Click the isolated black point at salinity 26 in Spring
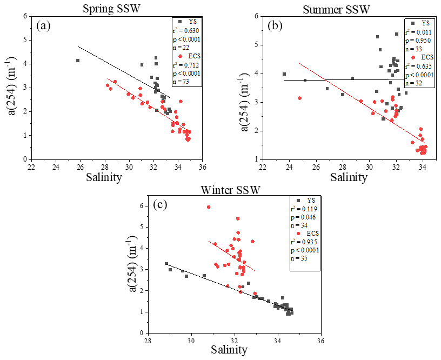point(78,61)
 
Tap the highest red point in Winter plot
point(209,207)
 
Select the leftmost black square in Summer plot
point(284,74)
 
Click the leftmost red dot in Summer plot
point(299,98)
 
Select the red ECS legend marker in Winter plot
point(295,228)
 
